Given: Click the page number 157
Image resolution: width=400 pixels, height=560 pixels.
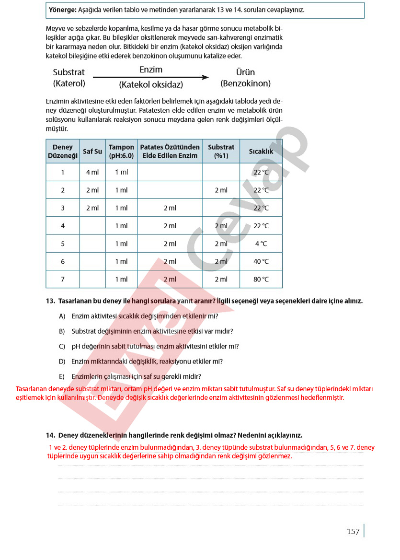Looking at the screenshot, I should coord(353,531).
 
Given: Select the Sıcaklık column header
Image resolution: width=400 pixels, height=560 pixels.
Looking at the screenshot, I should coord(261,152).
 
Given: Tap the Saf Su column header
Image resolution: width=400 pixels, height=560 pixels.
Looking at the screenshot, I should coord(92,152).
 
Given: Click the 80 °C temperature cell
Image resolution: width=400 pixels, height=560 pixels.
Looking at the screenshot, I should coord(261,279).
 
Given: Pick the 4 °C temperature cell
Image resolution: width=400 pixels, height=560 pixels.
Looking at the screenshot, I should coord(261,244).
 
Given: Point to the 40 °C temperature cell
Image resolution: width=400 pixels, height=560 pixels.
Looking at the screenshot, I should coord(261,261).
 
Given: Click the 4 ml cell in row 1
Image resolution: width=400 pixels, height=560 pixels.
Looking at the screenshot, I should coord(92,172).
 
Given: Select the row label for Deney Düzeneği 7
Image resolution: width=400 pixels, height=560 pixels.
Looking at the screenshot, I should coord(63,279).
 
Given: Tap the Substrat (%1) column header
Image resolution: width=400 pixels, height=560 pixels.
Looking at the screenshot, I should coord(221,152).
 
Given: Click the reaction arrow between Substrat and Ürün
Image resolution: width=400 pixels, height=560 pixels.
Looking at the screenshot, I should coord(151,77).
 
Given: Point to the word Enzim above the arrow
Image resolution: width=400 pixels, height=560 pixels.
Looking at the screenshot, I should coord(151,70).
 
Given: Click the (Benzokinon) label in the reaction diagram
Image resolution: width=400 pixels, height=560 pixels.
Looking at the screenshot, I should coord(245,83).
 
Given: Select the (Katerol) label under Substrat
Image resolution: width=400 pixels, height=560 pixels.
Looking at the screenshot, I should coord(69,83).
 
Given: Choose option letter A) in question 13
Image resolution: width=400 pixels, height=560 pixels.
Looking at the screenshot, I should coord(62,316).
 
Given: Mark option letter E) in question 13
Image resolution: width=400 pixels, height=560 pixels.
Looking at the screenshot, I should coord(62,376).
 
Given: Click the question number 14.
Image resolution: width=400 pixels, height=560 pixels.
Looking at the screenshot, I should coord(51,435).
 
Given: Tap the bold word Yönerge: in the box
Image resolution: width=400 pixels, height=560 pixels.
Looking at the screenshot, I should coord(63,10).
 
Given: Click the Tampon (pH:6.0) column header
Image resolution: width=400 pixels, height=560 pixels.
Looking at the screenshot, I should coord(121,152).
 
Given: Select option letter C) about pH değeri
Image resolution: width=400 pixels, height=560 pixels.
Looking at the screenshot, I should coord(62,346).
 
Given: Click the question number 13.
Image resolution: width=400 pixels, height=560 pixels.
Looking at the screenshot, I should coord(51,301).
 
